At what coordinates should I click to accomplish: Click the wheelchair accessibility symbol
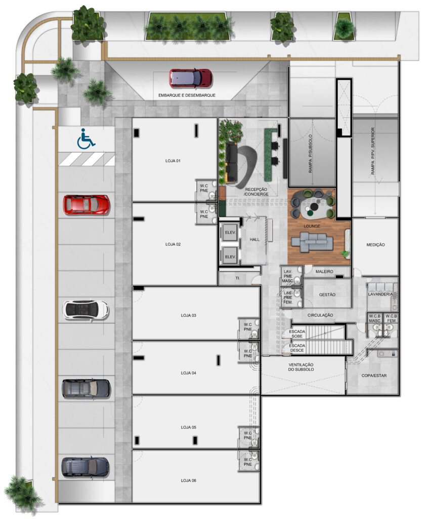[x=86, y=139]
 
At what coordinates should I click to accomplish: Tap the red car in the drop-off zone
[x=190, y=79]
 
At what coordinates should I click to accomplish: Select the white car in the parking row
[x=85, y=310]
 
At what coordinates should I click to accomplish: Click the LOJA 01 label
[x=173, y=161]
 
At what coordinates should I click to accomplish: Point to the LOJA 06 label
[x=188, y=480]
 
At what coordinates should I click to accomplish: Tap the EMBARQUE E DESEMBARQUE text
[x=187, y=95]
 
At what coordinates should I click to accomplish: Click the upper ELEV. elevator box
[x=230, y=233]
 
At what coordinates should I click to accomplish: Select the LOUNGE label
[x=312, y=227]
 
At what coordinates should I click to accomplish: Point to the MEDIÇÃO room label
[x=375, y=245]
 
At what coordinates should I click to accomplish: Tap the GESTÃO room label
[x=327, y=294]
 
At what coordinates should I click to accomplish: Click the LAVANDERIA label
[x=380, y=294]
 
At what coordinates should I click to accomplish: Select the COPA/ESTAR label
[x=374, y=376]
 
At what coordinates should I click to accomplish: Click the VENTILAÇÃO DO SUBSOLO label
[x=301, y=367]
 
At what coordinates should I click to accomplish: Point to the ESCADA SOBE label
[x=297, y=333]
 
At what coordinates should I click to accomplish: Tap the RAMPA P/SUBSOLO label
[x=310, y=154]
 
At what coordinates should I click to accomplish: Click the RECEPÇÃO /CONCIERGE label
[x=256, y=192]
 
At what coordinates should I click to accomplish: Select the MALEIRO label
[x=324, y=272]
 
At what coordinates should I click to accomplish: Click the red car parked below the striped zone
[x=87, y=205]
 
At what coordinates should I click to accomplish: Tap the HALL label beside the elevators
[x=254, y=239]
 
